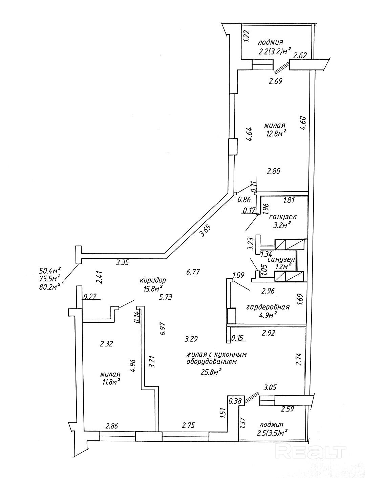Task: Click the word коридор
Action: point(153,280)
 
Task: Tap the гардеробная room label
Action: point(267,307)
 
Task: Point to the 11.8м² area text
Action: point(110,382)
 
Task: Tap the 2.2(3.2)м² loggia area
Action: point(274,52)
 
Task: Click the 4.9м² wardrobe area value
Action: point(268,315)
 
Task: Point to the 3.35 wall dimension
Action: point(123,262)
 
